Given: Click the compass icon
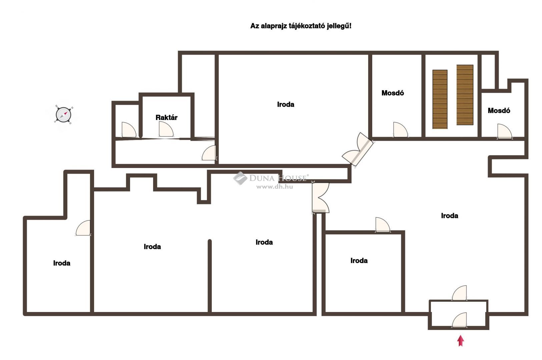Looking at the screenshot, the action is coord(63,115).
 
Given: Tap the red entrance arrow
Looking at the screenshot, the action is coord(461,340).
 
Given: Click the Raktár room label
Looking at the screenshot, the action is coord(166,118).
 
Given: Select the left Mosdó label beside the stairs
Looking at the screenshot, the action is coord(393,93).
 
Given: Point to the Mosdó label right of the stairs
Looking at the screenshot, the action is coord(499,111).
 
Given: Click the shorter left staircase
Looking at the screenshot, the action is coord(440,99).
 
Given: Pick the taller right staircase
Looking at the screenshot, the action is coord(465,95).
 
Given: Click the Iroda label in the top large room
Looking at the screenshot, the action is coord(286,104).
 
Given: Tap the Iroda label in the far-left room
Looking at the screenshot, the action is coord(62,263).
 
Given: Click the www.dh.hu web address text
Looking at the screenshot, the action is coord(275,187).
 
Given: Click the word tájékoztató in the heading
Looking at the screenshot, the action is coord(307,26).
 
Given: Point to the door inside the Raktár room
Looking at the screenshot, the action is coord(166,130).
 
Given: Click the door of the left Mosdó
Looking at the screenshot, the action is coord(401,130).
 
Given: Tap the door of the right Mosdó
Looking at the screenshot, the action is coord(505,132).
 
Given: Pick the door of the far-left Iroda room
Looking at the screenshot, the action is coord(83,228).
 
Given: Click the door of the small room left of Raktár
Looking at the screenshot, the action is coord(129,130).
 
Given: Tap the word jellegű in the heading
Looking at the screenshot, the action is coord(339,26).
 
